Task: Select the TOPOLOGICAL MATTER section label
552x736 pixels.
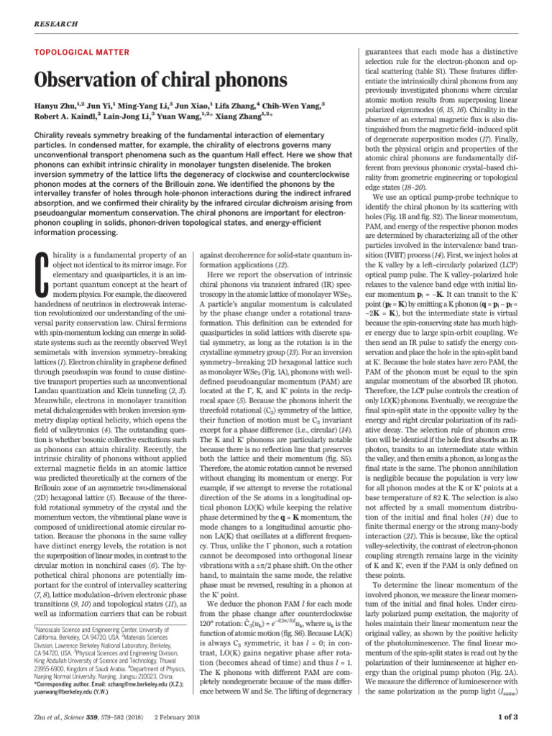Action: pyautogui.click(x=82, y=52)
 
